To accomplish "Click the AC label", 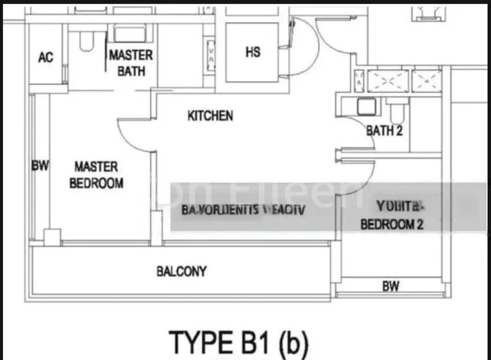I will (45, 58).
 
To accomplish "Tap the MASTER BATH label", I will (131, 63).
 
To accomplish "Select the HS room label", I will (253, 52).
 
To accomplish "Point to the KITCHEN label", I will (211, 115).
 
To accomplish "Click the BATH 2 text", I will (384, 130).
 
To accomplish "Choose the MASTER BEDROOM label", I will (96, 175).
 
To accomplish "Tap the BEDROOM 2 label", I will (392, 224).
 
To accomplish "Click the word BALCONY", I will (181, 271).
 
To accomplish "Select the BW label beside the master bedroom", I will (40, 166).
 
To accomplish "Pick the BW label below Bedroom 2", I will (390, 285).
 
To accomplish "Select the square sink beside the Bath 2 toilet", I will (366, 107).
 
